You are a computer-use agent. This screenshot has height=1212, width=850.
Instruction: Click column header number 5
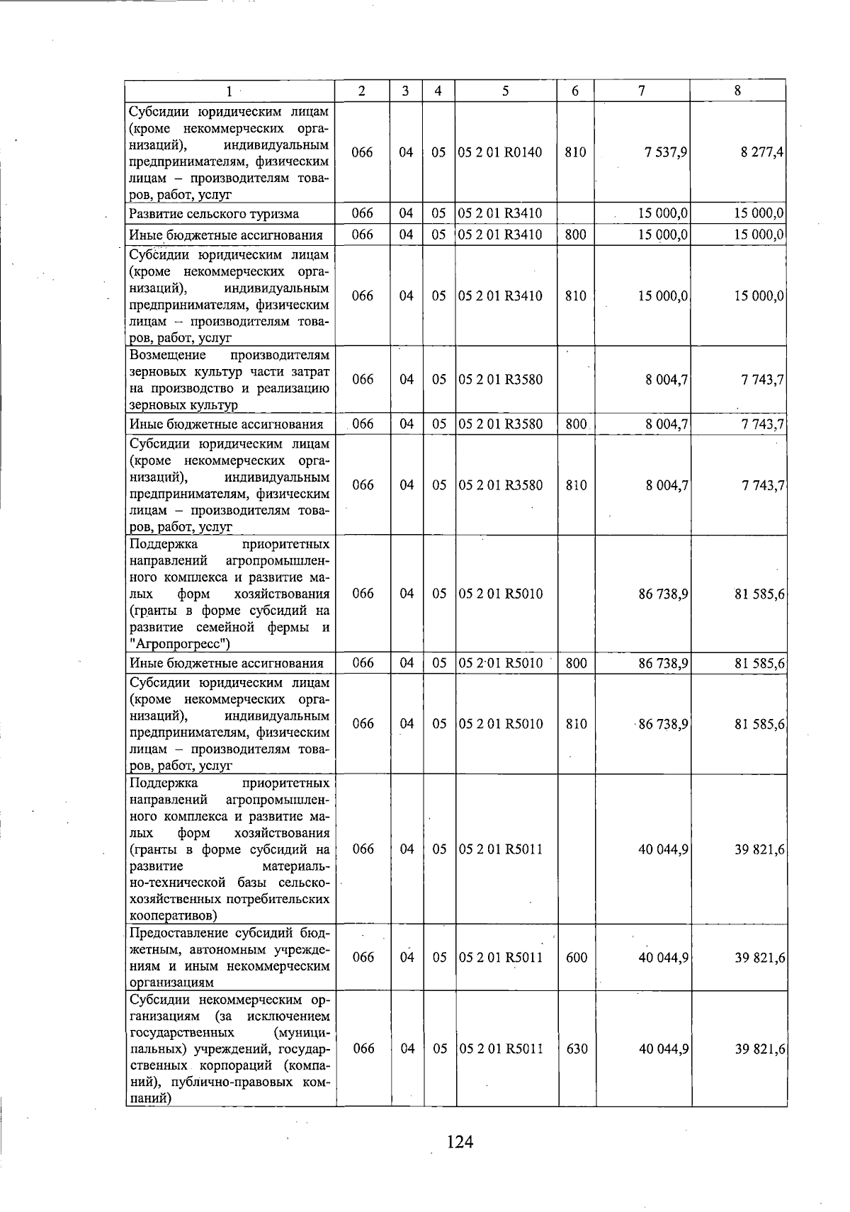click(505, 91)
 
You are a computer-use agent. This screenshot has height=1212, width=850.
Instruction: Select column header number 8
click(737, 91)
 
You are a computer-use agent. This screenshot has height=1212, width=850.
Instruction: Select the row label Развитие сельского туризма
click(213, 214)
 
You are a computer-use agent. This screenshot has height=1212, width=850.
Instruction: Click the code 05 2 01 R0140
click(500, 152)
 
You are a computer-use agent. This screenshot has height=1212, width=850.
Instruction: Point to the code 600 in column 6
click(576, 957)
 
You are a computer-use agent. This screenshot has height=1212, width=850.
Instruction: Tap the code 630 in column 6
click(577, 1048)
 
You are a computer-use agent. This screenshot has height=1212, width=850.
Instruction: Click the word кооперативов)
click(166, 915)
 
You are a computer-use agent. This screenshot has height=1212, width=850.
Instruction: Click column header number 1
click(229, 91)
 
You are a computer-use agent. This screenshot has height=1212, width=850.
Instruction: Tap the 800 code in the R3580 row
click(576, 424)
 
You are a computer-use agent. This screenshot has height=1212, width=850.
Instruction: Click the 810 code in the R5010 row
click(576, 723)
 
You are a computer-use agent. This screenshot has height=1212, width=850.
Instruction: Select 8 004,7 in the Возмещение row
click(667, 380)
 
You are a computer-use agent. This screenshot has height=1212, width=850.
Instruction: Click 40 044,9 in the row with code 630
click(664, 1048)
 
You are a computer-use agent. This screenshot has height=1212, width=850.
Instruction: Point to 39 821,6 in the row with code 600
click(759, 957)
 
